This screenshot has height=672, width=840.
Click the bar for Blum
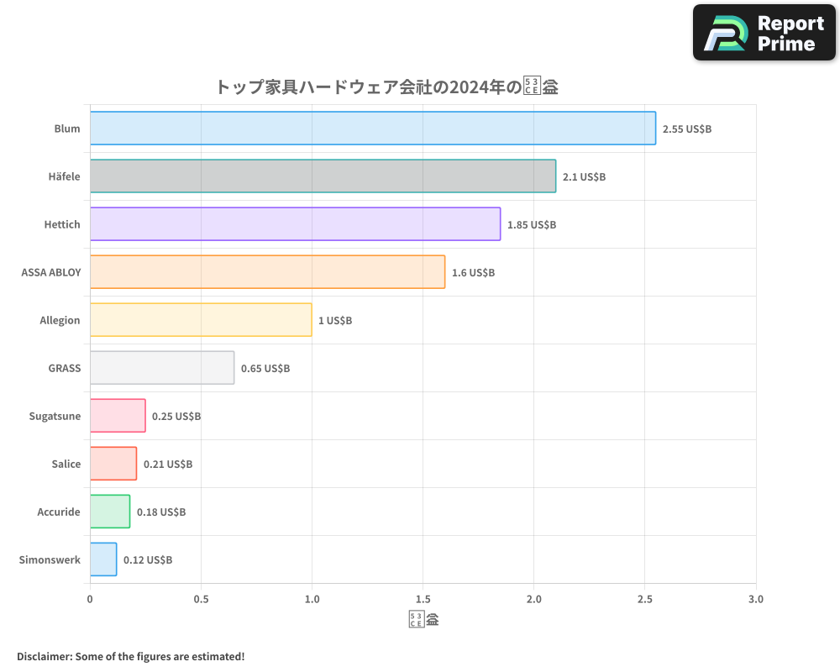[372, 129]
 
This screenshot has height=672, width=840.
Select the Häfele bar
[323, 176]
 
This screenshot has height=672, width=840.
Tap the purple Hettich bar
[295, 224]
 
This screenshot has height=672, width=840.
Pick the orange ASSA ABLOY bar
[267, 272]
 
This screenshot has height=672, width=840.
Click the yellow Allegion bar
[201, 320]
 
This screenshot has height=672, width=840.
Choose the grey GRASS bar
[162, 368]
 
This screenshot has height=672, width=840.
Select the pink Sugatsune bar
[118, 416]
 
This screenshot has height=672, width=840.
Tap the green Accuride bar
[110, 512]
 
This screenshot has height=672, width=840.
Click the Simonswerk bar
[103, 559]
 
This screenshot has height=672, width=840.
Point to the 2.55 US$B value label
[686, 129]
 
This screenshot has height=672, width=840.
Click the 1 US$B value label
[335, 321]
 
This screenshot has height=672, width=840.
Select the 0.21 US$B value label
[168, 465]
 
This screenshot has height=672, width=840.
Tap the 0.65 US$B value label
[265, 369]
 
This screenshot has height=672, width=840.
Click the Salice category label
[66, 464]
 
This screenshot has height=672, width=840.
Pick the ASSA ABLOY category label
[51, 272]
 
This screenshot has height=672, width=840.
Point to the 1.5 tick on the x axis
[423, 600]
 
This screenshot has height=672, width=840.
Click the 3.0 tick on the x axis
[755, 600]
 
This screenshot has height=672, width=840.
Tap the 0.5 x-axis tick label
[201, 600]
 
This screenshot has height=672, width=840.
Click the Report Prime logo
[764, 33]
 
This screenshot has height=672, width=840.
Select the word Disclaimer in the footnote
[44, 656]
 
